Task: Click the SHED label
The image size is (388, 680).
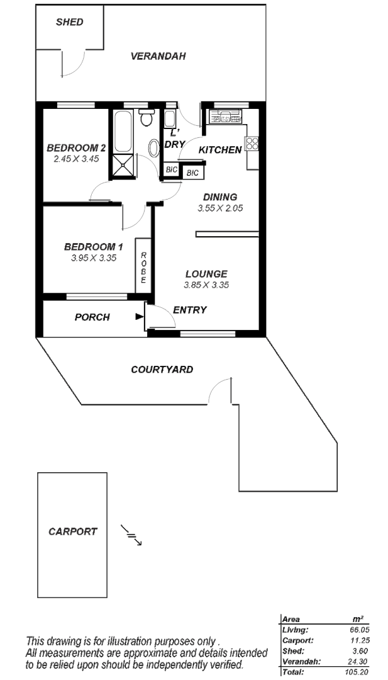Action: point(69,22)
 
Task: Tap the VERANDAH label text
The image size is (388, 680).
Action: point(158,56)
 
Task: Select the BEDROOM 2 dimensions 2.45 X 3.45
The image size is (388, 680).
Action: point(76,159)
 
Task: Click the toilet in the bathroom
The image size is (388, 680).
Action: point(147,118)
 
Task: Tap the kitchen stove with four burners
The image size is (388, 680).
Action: point(253,144)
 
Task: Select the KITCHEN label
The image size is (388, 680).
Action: point(220,150)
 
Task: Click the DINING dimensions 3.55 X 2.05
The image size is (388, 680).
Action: point(220,208)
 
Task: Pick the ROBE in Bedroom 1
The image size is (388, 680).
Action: point(143,267)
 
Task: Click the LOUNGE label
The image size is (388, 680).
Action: point(206,274)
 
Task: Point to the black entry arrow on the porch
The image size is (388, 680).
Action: point(139,317)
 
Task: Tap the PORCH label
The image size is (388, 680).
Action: point(92,317)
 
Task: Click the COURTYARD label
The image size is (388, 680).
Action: point(162,370)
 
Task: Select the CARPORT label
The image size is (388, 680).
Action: point(73,531)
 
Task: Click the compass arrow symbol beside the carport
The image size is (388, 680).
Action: point(131,535)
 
